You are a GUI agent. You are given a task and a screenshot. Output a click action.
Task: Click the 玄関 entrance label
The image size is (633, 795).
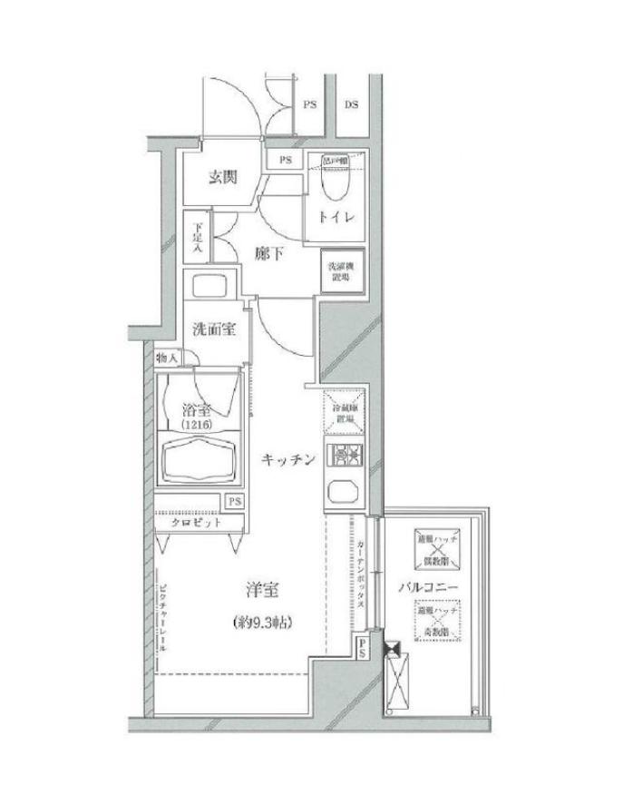222,178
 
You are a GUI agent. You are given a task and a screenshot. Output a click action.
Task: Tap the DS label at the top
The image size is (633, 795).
351,104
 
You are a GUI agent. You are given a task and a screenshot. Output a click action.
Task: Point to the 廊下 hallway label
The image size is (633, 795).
268,255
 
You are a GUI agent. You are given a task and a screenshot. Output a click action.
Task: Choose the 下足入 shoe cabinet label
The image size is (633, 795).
197,240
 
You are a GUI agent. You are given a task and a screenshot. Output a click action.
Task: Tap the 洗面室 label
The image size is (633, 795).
214,328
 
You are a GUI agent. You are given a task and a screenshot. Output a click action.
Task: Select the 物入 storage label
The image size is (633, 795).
166,358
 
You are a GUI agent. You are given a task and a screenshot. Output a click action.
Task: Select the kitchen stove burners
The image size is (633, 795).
345,456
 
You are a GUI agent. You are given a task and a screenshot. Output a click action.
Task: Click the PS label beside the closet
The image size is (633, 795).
234,502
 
